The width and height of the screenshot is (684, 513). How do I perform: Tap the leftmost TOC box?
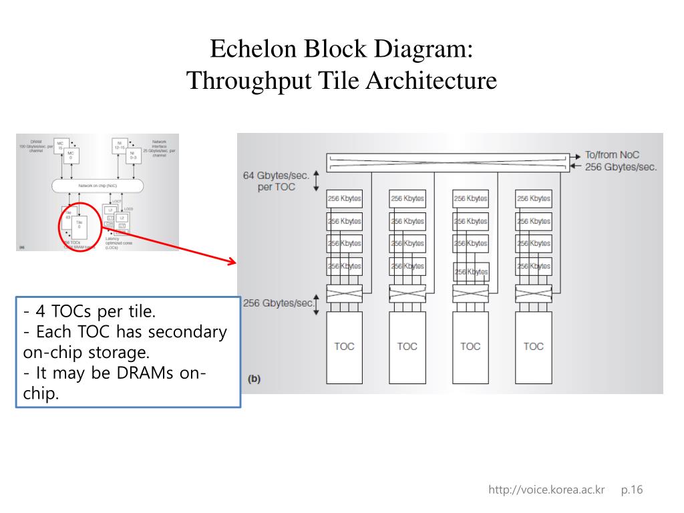(x=344, y=346)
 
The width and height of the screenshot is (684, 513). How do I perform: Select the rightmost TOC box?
(x=533, y=346)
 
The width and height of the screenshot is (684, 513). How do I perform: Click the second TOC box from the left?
(x=407, y=346)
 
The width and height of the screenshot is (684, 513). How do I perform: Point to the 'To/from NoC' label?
(x=612, y=155)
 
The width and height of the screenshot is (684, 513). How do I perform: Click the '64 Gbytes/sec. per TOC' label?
(x=275, y=181)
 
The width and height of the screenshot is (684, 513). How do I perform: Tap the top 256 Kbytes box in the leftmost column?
(x=344, y=198)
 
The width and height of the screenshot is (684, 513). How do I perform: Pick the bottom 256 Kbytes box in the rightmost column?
(x=533, y=266)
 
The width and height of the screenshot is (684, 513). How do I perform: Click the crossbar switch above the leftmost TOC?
(x=344, y=292)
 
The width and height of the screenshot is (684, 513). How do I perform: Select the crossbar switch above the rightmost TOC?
(x=533, y=292)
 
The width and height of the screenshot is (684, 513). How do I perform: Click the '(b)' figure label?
(x=254, y=379)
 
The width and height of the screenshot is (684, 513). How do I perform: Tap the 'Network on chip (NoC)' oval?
(x=98, y=185)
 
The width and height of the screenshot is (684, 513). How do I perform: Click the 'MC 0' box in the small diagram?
(x=71, y=156)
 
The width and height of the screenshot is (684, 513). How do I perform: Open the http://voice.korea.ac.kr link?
(x=546, y=490)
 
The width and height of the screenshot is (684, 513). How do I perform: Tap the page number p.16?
(x=631, y=490)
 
